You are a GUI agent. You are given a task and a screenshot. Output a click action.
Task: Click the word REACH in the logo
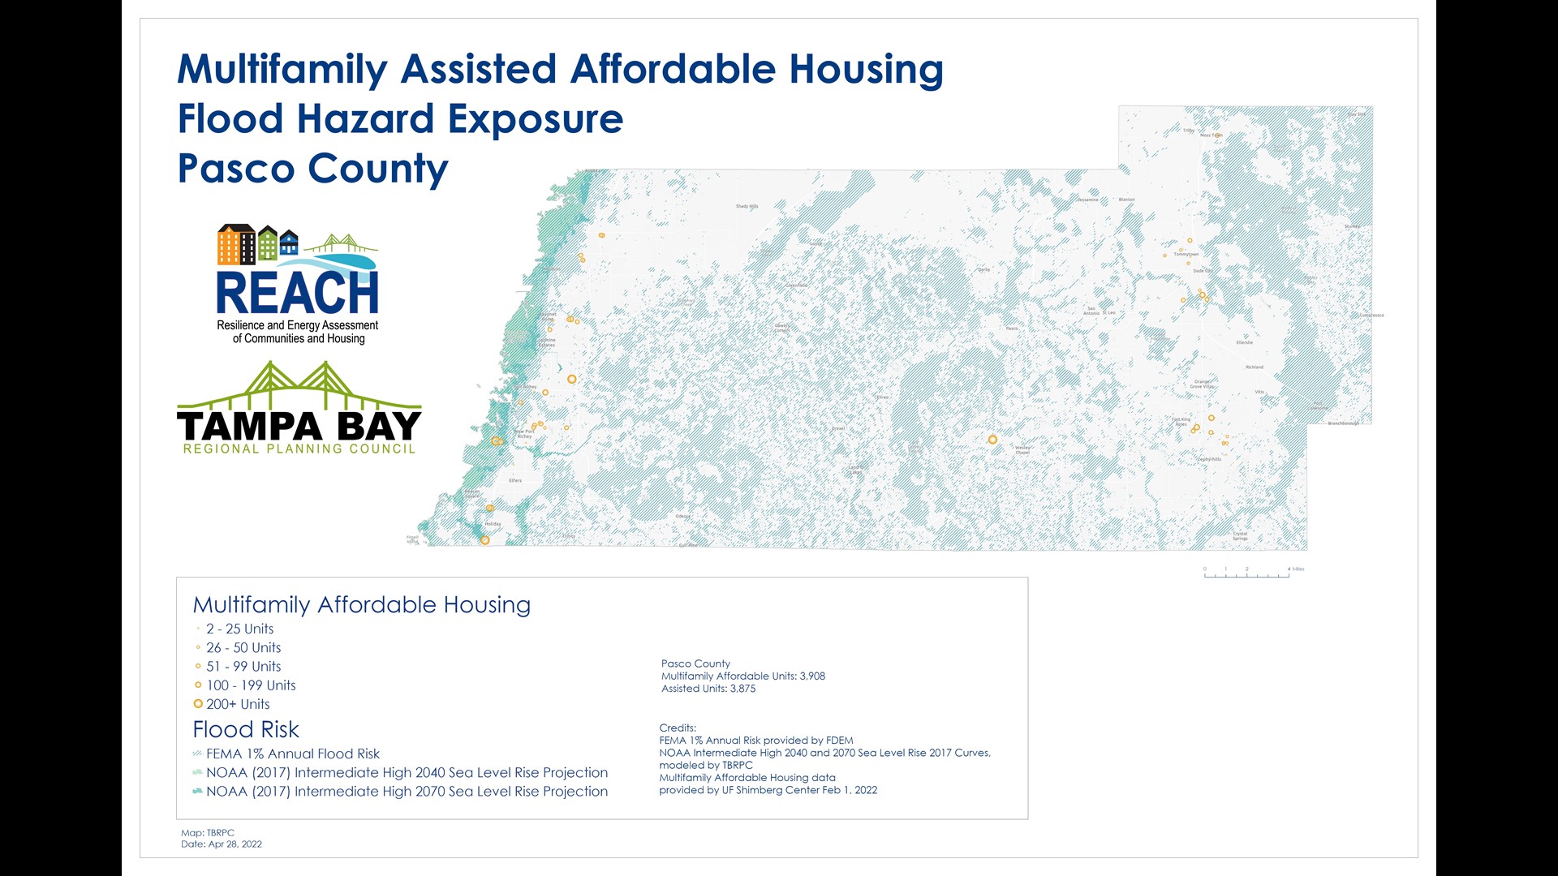(x=297, y=294)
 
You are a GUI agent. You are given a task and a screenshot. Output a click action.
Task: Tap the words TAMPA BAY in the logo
(x=299, y=427)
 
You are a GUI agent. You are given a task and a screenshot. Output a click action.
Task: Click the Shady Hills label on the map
(x=747, y=207)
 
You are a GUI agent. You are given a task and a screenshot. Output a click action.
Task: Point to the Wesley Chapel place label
(x=1022, y=449)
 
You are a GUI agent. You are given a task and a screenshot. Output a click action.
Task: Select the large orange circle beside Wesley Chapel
(x=992, y=440)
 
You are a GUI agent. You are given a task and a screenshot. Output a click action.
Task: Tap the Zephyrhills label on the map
(x=1208, y=459)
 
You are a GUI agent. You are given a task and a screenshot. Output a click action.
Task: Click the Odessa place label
(x=683, y=516)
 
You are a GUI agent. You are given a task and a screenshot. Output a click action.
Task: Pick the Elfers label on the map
(x=515, y=480)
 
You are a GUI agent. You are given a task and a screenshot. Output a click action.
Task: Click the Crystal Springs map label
(x=1240, y=536)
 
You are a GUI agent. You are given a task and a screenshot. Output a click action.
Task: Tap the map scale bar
(x=1246, y=573)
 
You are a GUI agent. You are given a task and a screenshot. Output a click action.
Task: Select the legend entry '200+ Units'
(x=237, y=704)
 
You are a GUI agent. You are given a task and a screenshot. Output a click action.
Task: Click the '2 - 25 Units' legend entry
(x=239, y=629)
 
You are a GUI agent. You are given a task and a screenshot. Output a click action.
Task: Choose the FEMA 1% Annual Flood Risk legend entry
(x=292, y=754)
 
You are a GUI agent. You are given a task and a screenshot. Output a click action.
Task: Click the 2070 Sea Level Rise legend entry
(x=406, y=792)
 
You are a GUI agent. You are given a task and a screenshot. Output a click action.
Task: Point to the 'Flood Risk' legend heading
(x=246, y=729)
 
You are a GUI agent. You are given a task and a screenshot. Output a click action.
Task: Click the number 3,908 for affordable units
(x=812, y=676)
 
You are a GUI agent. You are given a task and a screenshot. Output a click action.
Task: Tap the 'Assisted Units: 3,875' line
(x=708, y=689)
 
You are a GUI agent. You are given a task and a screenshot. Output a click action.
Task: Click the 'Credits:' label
(x=678, y=728)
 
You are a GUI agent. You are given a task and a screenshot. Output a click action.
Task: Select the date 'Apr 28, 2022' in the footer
(x=235, y=844)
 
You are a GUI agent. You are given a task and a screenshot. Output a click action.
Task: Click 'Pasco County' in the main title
(x=312, y=169)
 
